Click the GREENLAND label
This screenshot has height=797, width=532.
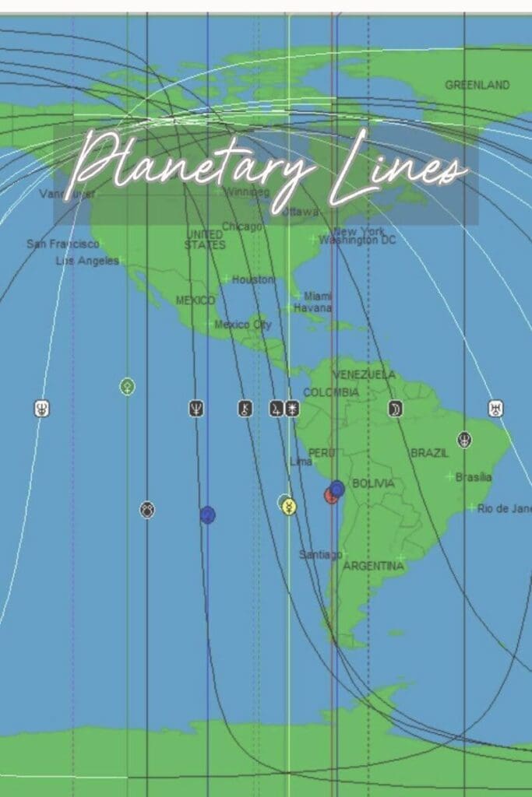[477, 85]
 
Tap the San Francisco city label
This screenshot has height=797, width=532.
[62, 244]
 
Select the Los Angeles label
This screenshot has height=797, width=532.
[86, 261]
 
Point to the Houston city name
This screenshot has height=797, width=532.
[253, 279]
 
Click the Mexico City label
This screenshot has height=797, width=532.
[242, 325]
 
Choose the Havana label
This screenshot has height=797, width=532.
[312, 307]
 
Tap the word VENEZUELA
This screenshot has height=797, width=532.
[364, 374]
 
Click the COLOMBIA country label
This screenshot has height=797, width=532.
[330, 392]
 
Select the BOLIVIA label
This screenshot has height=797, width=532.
[373, 483]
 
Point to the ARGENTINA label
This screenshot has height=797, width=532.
[373, 566]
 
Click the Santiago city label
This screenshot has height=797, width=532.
[320, 554]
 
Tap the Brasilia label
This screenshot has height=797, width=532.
[474, 477]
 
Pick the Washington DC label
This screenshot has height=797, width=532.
[357, 240]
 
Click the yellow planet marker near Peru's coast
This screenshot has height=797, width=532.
[289, 507]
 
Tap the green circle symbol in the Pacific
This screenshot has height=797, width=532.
[127, 386]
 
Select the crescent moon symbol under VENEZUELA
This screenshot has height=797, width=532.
[395, 409]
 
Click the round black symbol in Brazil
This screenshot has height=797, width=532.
[464, 440]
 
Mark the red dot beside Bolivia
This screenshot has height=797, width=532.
[330, 496]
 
